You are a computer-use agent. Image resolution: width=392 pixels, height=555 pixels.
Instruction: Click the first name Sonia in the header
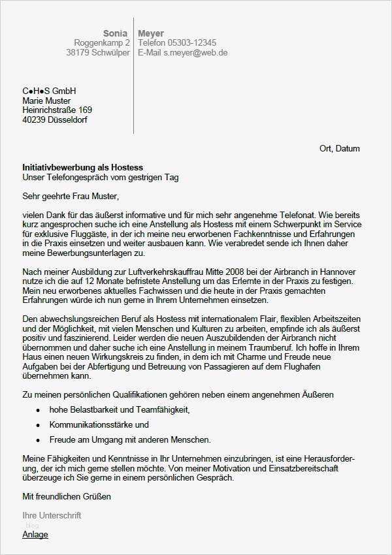click(116, 33)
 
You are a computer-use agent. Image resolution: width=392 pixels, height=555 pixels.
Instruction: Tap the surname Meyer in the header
click(151, 33)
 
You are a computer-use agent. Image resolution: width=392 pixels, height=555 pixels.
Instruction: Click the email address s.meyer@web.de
click(195, 53)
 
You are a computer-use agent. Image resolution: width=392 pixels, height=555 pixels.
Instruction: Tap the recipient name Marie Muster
click(46, 101)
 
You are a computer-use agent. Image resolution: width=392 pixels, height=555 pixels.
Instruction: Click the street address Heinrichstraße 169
click(57, 110)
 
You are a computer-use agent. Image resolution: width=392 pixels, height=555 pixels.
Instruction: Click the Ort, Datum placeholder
click(339, 149)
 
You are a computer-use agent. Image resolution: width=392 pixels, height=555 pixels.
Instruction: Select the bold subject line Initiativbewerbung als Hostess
click(82, 168)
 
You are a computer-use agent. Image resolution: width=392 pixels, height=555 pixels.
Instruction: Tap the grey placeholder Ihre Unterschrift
click(52, 515)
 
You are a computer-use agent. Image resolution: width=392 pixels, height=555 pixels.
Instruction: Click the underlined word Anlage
click(35, 534)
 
